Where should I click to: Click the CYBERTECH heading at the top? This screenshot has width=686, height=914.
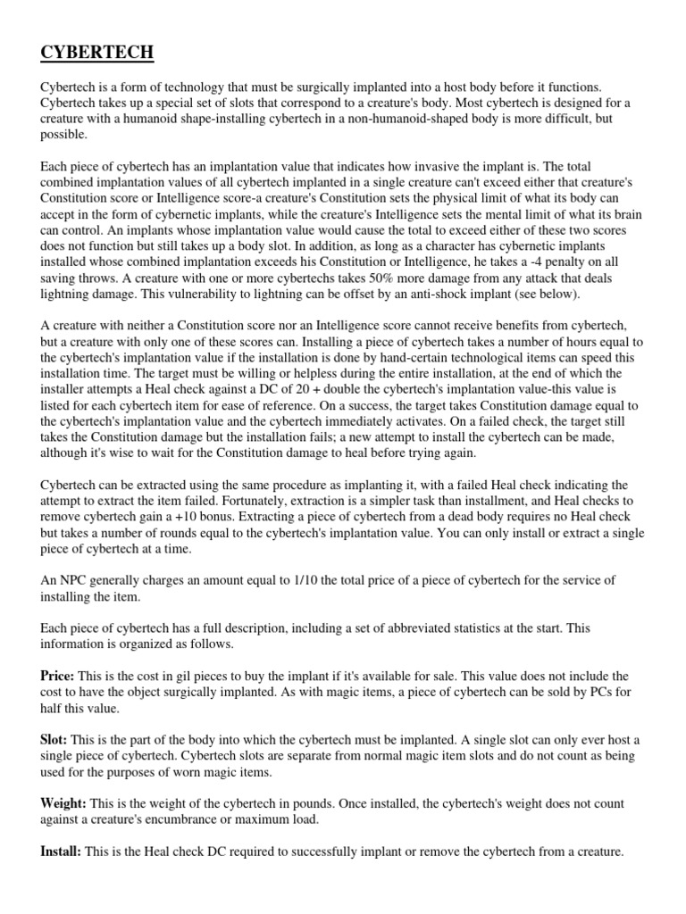click(x=97, y=54)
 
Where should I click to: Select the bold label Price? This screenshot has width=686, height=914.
click(x=58, y=677)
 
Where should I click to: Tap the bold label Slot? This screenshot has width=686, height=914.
click(x=54, y=740)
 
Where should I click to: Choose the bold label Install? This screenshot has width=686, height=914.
click(x=61, y=852)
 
